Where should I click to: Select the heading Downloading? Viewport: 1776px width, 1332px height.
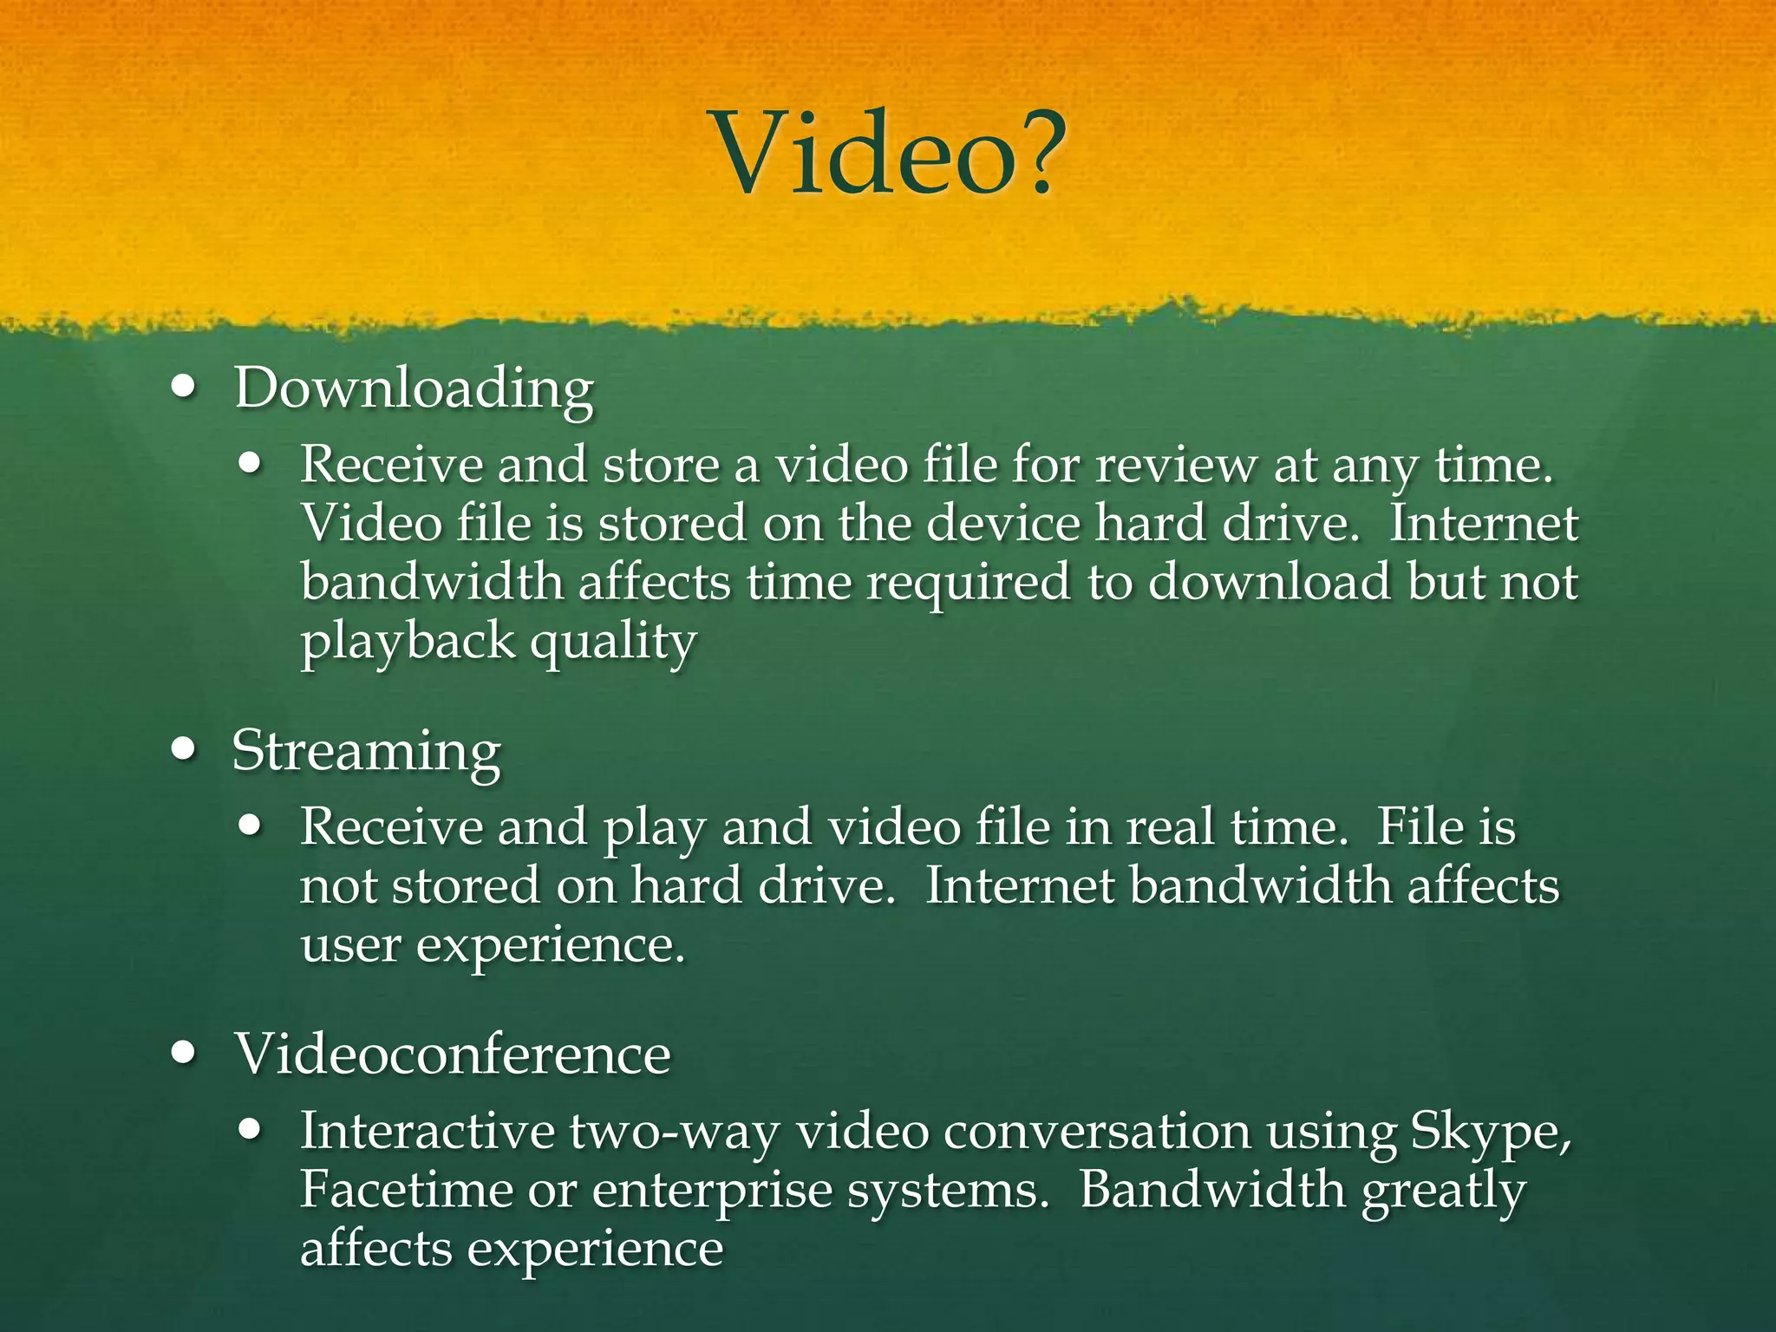(x=414, y=388)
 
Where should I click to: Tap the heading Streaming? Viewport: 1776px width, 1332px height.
(x=366, y=751)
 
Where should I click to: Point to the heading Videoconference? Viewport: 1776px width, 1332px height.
(x=452, y=1054)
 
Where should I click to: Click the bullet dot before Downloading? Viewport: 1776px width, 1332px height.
(x=184, y=388)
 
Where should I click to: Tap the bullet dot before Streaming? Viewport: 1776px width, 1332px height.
(x=184, y=749)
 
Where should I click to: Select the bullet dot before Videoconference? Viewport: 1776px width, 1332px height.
(x=184, y=1054)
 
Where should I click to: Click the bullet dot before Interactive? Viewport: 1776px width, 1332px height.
(x=251, y=1131)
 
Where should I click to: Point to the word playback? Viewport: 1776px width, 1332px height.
(x=408, y=643)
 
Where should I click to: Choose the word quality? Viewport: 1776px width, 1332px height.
(x=613, y=643)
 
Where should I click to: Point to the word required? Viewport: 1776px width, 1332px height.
(x=968, y=583)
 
